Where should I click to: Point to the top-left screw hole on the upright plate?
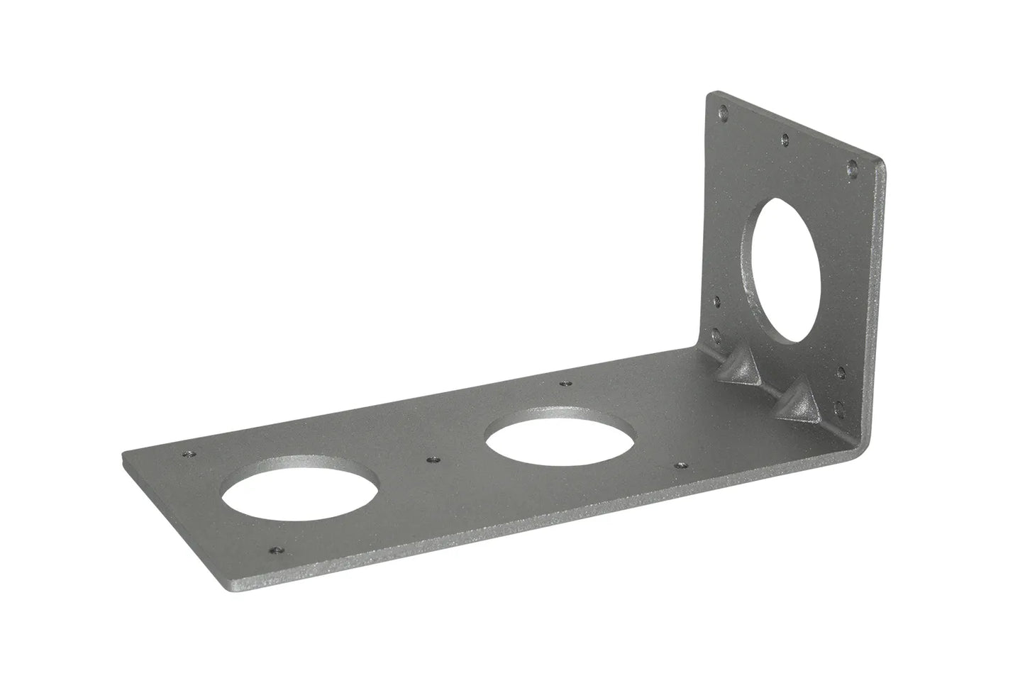tap(723, 112)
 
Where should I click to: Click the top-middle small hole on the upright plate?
tap(785, 140)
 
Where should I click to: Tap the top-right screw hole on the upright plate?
tap(851, 168)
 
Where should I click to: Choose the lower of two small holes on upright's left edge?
tap(716, 333)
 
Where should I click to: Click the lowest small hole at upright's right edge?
tap(840, 406)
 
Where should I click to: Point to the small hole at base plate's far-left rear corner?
tap(189, 455)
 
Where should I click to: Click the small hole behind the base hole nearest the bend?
tap(565, 384)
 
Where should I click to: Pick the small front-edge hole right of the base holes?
tap(682, 465)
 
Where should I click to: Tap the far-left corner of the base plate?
tap(125, 455)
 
